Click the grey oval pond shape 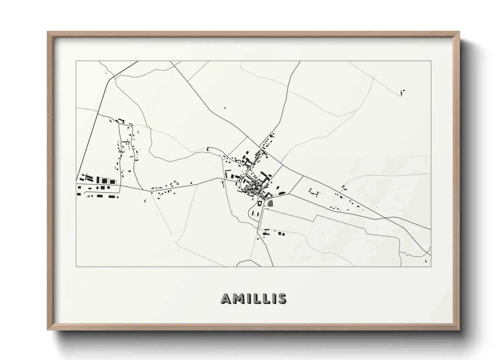(x=271, y=203)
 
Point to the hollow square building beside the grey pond (x=259, y=203)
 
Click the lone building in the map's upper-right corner (x=402, y=92)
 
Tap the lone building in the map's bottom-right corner (x=426, y=261)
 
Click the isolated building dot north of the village (x=224, y=108)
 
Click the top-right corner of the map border (x=431, y=61)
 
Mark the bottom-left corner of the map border (x=76, y=266)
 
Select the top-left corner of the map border (x=76, y=61)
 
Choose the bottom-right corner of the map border (x=431, y=266)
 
